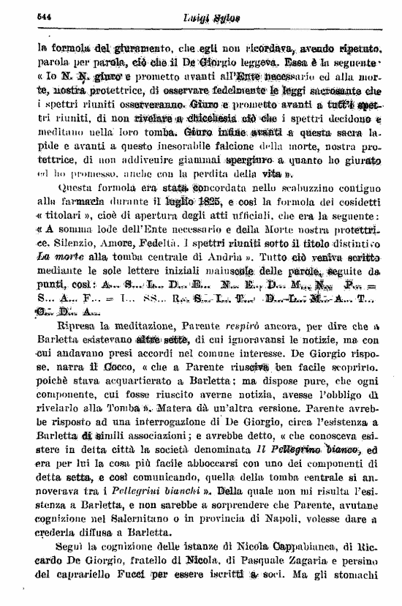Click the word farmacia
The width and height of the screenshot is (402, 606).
(83, 199)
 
